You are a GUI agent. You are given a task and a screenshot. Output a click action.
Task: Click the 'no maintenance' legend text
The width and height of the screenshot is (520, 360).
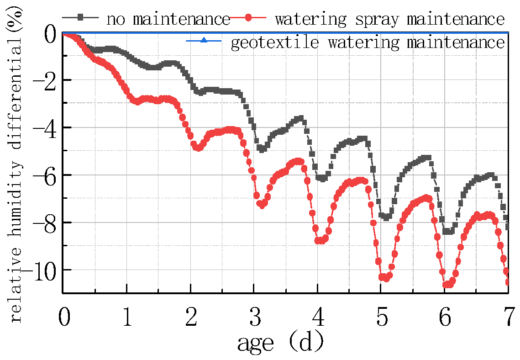click(168, 19)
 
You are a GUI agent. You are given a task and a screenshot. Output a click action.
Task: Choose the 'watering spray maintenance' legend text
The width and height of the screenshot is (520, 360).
click(389, 19)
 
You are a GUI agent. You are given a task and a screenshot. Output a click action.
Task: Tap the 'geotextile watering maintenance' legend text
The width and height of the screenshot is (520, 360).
click(368, 42)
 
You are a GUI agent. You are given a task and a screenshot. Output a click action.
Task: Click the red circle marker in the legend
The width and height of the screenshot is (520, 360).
click(248, 18)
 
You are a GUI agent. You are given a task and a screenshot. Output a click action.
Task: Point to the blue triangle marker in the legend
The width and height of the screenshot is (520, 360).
click(204, 42)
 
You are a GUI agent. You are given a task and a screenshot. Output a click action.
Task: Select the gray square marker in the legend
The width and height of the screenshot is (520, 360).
click(80, 18)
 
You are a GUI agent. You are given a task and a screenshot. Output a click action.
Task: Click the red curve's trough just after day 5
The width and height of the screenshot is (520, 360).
click(385, 278)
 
